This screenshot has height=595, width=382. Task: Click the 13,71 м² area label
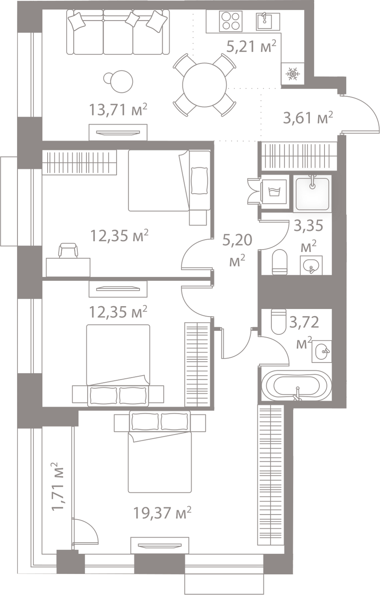(x=118, y=110)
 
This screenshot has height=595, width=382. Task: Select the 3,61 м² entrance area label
(x=308, y=118)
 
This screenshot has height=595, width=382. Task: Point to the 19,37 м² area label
(x=162, y=512)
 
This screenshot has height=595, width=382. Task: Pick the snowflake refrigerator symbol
(x=293, y=73)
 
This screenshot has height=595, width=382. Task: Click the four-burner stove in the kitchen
(x=231, y=21)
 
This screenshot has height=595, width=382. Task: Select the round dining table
(x=205, y=85)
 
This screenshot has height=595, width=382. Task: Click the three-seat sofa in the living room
(x=118, y=32)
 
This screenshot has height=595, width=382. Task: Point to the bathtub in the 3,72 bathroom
(x=296, y=386)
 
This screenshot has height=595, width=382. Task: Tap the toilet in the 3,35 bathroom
(x=280, y=262)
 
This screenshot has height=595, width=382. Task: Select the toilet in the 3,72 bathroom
(x=278, y=321)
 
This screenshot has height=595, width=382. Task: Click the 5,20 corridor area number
(x=237, y=240)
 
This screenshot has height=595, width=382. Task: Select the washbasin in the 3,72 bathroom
(x=322, y=351)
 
